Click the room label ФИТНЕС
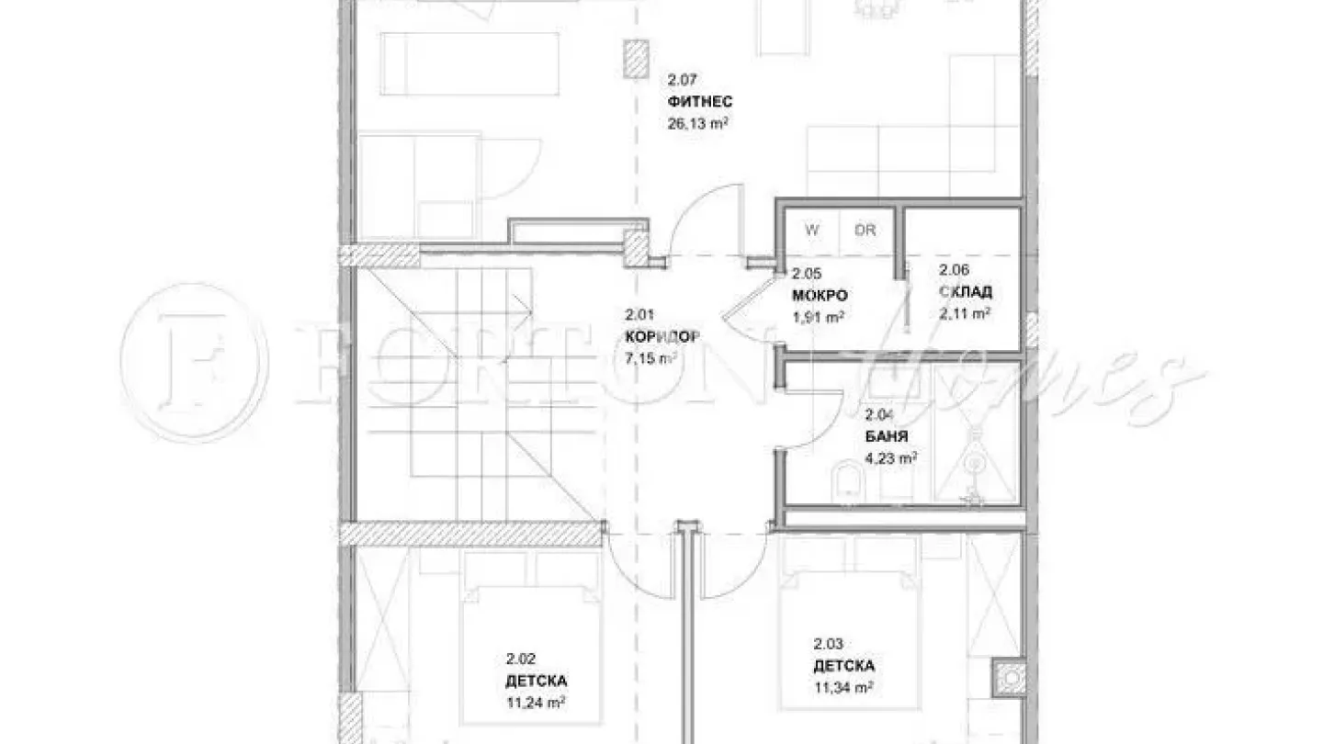[x=701, y=102]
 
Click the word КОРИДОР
[x=661, y=337]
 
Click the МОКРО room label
[x=820, y=296]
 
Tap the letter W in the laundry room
[x=812, y=231]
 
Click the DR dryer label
[x=865, y=231]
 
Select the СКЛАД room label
[x=966, y=293]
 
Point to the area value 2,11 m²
[x=965, y=313]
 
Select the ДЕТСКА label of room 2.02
[x=536, y=682]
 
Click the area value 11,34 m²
[x=842, y=687]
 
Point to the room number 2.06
[x=954, y=271]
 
